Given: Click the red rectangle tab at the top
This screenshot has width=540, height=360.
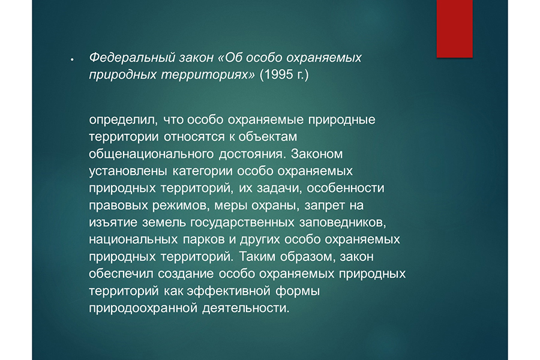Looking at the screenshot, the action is [455, 29].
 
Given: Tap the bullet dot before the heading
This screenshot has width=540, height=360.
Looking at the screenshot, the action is [72, 60].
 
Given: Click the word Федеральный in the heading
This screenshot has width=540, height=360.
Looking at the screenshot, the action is [132, 58].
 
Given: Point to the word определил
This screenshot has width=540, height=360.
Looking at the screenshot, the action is [123, 120].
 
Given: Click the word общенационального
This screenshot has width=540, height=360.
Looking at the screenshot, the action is [151, 154].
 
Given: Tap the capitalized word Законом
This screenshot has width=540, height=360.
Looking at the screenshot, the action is [317, 154].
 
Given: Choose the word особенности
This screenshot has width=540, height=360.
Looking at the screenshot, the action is [346, 188].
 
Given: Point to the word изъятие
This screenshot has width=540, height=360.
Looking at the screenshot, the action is [113, 223].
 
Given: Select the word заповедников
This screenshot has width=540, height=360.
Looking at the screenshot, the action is [343, 223].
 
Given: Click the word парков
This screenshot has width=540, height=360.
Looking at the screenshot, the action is [203, 240].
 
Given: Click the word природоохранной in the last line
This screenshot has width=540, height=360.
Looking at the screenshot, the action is [143, 308].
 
